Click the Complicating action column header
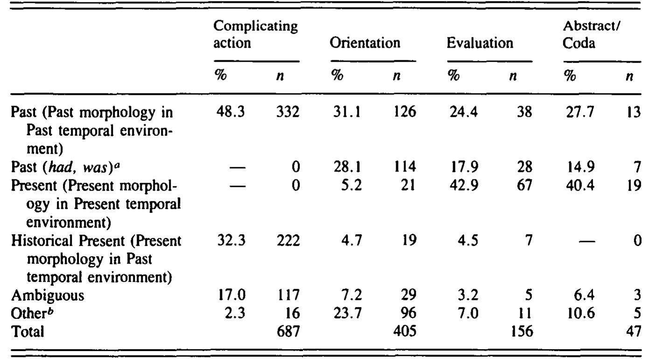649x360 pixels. pyautogui.click(x=255, y=36)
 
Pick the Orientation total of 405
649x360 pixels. pyautogui.click(x=404, y=331)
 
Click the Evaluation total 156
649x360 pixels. pyautogui.click(x=520, y=331)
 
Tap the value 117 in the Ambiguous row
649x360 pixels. pyautogui.click(x=288, y=296)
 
